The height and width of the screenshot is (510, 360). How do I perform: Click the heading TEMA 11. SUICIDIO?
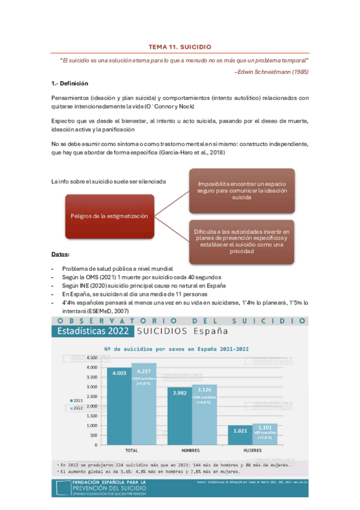coord(180,46)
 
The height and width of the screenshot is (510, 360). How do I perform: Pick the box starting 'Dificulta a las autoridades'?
coord(242,241)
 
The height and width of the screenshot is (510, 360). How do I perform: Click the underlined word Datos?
coord(60,254)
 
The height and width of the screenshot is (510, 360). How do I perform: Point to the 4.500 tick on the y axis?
coord(91,357)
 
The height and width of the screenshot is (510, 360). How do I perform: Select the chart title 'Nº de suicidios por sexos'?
coord(177,348)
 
